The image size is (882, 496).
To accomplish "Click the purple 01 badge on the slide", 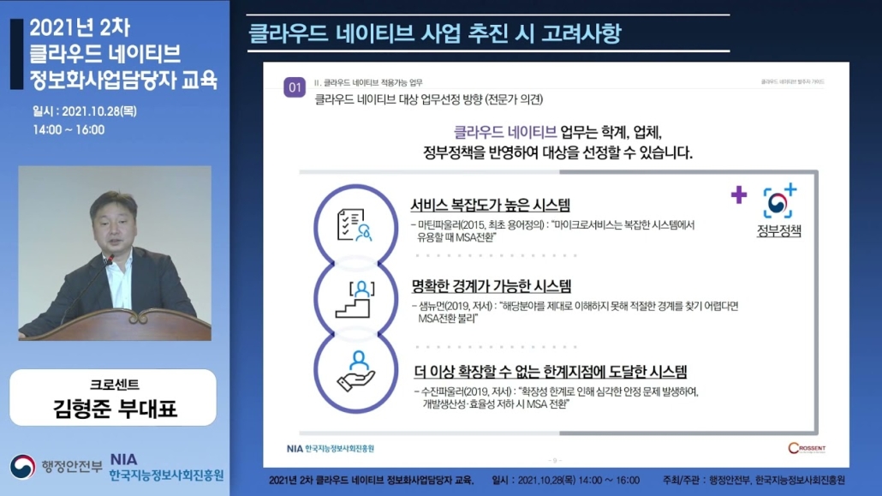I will (x=295, y=87).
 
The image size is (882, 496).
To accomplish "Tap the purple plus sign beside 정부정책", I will (x=739, y=195).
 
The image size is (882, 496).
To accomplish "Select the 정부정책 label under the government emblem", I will (x=778, y=230).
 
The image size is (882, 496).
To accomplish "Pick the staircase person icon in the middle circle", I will (x=354, y=301).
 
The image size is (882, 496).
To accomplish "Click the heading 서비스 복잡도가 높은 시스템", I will (x=490, y=205).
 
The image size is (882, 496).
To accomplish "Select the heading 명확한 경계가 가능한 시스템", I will (x=491, y=286).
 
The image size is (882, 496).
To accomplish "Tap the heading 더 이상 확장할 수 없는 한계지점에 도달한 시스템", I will (x=549, y=372).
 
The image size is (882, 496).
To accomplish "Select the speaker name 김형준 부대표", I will (x=114, y=408).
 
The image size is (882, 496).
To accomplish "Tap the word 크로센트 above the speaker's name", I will (x=114, y=385).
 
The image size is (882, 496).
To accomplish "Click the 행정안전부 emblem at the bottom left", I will (x=23, y=467).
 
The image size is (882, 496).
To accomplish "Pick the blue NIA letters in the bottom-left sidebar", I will (x=123, y=460).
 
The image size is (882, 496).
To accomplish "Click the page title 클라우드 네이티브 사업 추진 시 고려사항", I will (x=434, y=34).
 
